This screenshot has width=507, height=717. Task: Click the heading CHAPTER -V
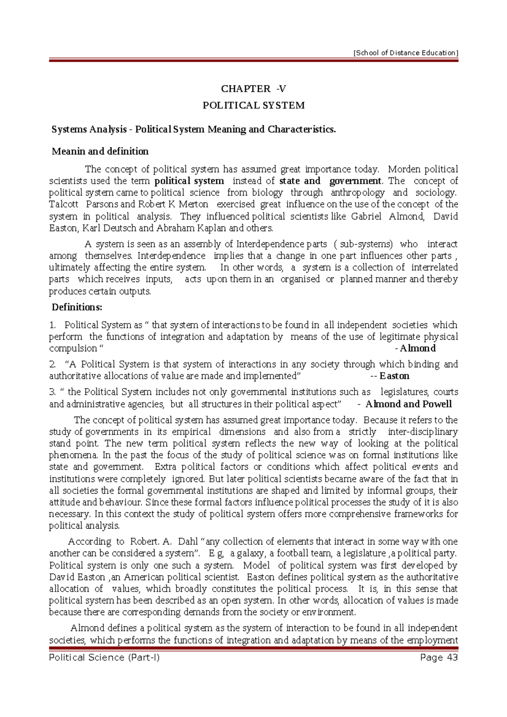(x=253, y=89)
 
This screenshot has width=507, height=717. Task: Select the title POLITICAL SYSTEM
(x=253, y=106)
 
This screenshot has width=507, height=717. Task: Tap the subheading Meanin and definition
(x=100, y=151)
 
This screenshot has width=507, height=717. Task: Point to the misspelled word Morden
(x=404, y=169)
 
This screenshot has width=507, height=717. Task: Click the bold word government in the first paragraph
(x=355, y=181)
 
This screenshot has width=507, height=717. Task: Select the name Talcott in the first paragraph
(x=64, y=204)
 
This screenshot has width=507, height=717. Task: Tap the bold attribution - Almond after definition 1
(x=415, y=348)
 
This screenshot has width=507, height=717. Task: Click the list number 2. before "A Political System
(x=52, y=364)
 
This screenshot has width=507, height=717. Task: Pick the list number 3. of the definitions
(x=52, y=392)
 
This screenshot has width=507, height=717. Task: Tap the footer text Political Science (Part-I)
(x=104, y=657)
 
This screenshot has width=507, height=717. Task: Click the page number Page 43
(x=439, y=657)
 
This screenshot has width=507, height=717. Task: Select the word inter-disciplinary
(x=423, y=432)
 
